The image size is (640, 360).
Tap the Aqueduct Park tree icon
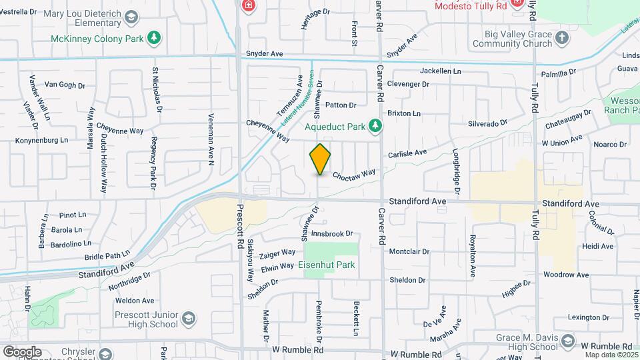pos(376,125)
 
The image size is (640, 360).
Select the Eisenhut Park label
pos(326,265)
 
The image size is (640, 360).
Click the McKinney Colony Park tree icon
pos(155,37)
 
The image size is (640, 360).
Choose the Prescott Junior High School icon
pos(189,318)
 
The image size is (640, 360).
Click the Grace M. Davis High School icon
pos(567,342)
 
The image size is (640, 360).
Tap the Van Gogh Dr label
pos(65,85)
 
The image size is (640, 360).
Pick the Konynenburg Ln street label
pos(42,141)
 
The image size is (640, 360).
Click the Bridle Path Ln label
pos(107,256)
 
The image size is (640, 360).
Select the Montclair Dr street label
pos(409,252)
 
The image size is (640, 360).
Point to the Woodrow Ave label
pos(566,275)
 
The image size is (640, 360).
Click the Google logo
pos(22,351)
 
